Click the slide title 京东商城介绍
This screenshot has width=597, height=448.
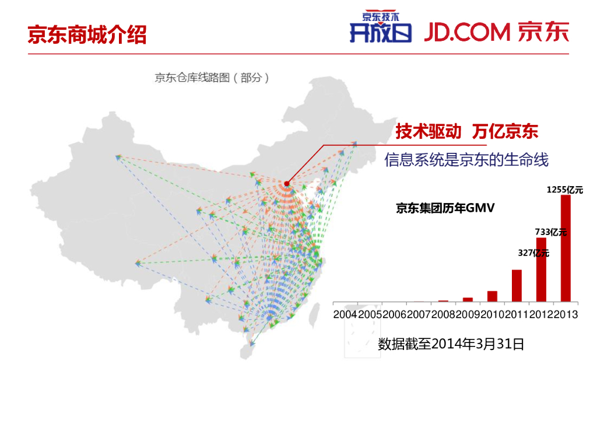pos(87,35)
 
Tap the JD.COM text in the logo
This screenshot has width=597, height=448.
pos(467,33)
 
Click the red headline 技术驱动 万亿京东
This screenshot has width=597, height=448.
pos(466,131)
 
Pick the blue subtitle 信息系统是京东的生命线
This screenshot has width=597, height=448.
pos(466,160)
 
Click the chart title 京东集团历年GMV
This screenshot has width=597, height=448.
pos(445,208)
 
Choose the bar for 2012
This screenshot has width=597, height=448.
pos(541,269)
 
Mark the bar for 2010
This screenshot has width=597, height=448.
pos(492,296)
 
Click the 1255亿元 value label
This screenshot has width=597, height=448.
pos(564,190)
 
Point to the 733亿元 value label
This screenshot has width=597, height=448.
pos(550,232)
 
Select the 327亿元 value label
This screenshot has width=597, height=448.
pos(533,253)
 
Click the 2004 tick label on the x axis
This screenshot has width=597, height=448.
pos(345,314)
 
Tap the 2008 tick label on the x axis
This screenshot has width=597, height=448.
pos(443,314)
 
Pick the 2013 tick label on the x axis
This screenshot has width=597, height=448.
pos(565,314)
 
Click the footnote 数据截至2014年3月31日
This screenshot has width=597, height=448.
pos(451,344)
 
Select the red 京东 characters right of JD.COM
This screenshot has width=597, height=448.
pos(543,33)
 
